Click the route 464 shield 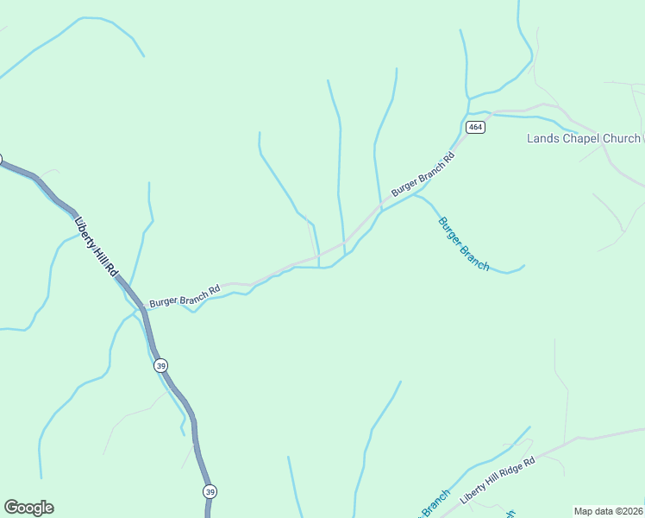coord(476,127)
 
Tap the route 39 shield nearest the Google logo coord(210,491)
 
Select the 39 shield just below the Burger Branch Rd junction coord(161,366)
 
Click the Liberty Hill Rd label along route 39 coord(97,246)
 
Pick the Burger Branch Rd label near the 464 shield coord(423,175)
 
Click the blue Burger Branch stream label coord(464,243)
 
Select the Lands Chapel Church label coord(584,138)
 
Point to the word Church coord(622,138)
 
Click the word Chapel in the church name coord(580,138)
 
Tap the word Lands coord(543,138)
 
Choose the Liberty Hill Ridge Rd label coord(498,481)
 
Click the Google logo coord(28,508)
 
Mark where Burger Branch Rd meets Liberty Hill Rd coord(140,305)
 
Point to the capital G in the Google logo coord(10,508)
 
